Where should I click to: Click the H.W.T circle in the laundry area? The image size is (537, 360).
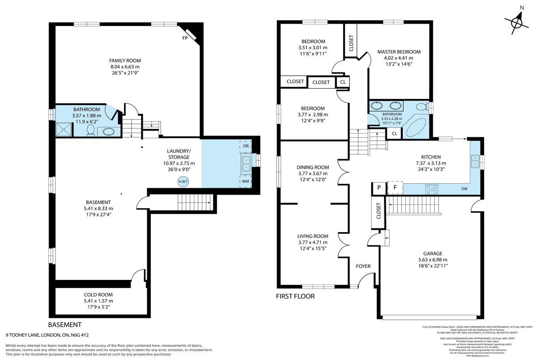pyautogui.click(x=183, y=182)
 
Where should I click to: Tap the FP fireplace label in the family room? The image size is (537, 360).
pyautogui.click(x=184, y=38)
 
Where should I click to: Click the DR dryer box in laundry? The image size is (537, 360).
pyautogui.click(x=246, y=146)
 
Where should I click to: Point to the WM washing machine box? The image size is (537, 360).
pyautogui.click(x=246, y=182)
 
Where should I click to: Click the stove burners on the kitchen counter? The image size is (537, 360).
pyautogui.click(x=432, y=189)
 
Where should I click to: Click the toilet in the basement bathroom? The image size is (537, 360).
pyautogui.click(x=91, y=130)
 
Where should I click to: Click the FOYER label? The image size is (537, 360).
pyautogui.click(x=363, y=267)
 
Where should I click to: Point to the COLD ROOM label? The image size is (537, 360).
pyautogui.click(x=98, y=295)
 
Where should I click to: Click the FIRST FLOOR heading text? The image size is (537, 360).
pyautogui.click(x=295, y=296)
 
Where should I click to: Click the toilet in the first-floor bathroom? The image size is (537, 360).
pyautogui.click(x=421, y=106)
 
